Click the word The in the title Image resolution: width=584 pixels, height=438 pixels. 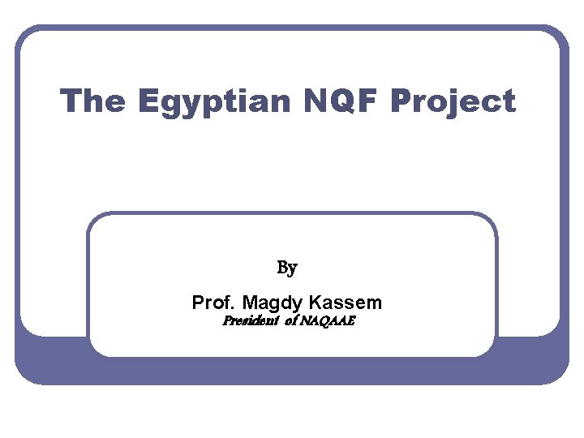pyautogui.click(x=92, y=101)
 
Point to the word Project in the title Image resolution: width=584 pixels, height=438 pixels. pyautogui.click(x=453, y=103)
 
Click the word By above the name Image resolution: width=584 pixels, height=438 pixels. pyautogui.click(x=287, y=267)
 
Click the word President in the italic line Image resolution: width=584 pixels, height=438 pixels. pyautogui.click(x=251, y=321)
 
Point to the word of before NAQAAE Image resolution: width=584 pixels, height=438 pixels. pyautogui.click(x=290, y=321)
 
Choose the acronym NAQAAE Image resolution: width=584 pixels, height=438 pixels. pyautogui.click(x=328, y=321)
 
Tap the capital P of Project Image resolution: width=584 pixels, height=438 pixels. pyautogui.click(x=401, y=101)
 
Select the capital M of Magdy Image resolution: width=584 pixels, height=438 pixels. pyautogui.click(x=251, y=303)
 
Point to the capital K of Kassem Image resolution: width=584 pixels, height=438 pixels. pyautogui.click(x=315, y=303)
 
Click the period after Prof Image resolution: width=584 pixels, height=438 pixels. pyautogui.click(x=236, y=309)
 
